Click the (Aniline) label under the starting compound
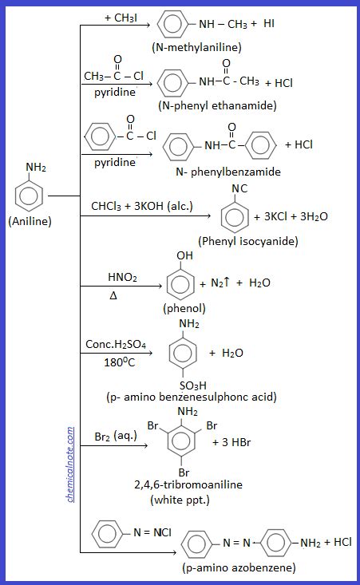[x=30, y=222]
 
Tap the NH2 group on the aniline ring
[x=36, y=168]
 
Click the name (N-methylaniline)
[x=196, y=47]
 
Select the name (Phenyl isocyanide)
[x=247, y=241]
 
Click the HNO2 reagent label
[x=122, y=277]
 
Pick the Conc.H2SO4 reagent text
[x=116, y=345]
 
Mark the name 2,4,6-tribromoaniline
[x=189, y=484]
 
